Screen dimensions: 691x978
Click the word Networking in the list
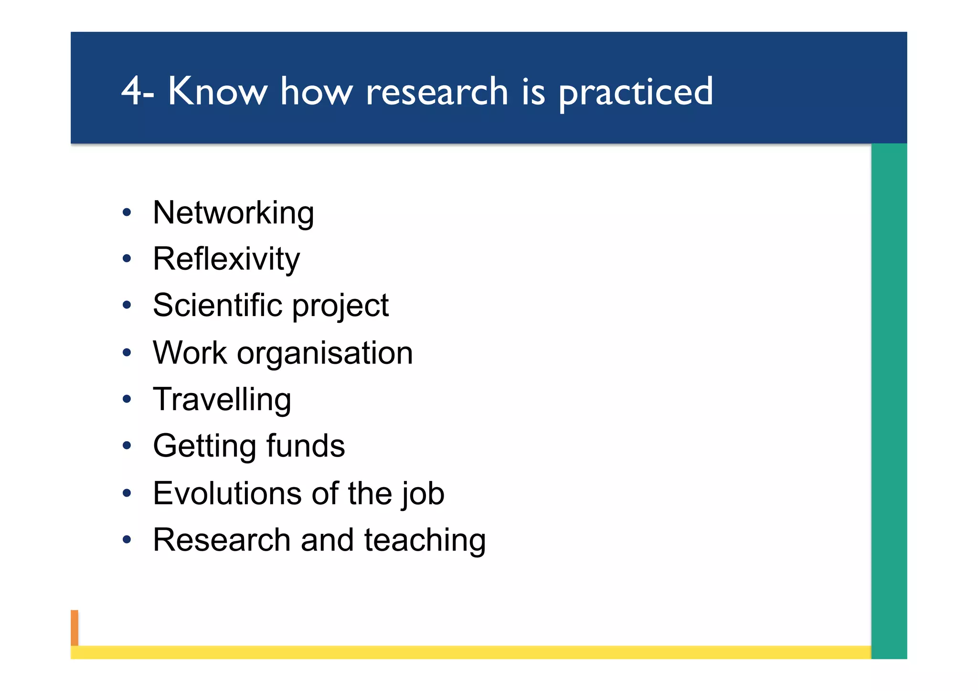point(233,213)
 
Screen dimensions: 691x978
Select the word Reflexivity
point(226,259)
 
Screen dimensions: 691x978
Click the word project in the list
point(340,307)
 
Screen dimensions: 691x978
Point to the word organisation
point(325,353)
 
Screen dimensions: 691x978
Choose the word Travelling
point(222,400)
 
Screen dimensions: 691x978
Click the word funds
point(305,446)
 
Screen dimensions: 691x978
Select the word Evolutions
point(227,493)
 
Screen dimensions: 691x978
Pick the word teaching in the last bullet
point(425,541)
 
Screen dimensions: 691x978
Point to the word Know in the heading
point(217,91)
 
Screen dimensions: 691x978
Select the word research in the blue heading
point(437,92)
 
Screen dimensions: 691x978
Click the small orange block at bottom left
point(74,627)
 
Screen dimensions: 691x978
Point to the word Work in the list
point(190,353)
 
